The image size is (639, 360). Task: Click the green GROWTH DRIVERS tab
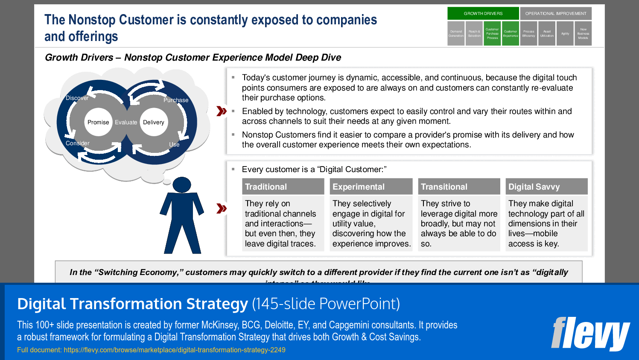pos(483,13)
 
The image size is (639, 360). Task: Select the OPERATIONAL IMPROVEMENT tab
pos(555,13)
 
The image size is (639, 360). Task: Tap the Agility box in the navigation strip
pos(565,33)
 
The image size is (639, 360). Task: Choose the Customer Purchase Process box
pos(492,33)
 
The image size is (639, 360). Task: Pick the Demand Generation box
pos(456,33)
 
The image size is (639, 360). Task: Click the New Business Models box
pos(583,33)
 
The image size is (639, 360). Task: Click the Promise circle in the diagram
pos(98,122)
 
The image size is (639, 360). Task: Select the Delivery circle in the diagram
pos(154,122)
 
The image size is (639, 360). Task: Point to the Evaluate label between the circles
pos(126,122)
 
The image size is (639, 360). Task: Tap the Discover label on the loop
pos(77,98)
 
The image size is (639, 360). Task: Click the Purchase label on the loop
pos(176,100)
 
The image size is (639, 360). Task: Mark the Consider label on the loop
pos(78,143)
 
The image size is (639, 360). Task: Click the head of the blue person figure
pos(182,185)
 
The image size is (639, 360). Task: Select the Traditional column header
pos(283,187)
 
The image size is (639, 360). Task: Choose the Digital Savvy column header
pos(546,187)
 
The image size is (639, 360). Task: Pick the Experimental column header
pos(371,187)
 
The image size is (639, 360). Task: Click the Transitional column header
pos(458,187)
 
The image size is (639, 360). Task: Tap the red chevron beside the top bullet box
pos(222,111)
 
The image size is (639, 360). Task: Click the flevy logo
pos(590,333)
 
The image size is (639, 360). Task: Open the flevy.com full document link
pos(174,350)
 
